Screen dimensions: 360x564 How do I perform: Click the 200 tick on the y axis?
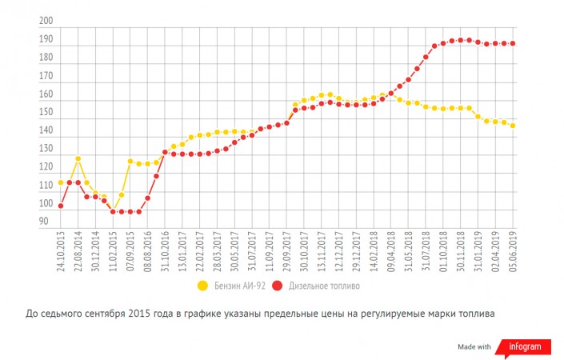[x=46, y=22]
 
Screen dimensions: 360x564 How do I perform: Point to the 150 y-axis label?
[x=46, y=113]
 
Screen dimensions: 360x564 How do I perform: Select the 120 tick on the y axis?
[x=46, y=167]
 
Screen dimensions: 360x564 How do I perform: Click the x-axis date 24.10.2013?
[x=61, y=252]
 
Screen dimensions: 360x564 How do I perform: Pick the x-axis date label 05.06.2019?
[x=512, y=252]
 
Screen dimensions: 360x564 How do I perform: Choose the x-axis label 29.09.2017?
[x=286, y=252]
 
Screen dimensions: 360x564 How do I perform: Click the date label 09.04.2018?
[x=390, y=252]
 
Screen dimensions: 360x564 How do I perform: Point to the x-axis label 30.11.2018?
[x=460, y=252]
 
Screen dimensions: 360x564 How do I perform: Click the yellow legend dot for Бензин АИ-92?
[x=202, y=285]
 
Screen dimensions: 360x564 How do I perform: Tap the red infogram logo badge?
[x=524, y=346]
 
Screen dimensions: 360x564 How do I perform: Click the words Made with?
[x=474, y=346]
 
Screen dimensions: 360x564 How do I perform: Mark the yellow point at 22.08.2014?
[x=78, y=158]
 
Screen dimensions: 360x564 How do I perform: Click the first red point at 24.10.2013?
[x=61, y=206]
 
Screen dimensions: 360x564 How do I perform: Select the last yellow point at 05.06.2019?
[x=512, y=126]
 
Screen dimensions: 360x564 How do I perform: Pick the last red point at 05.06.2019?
[x=512, y=43]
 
